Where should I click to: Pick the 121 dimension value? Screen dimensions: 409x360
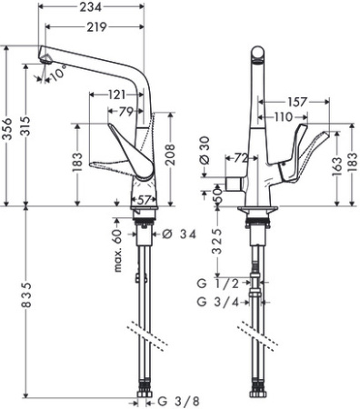116,95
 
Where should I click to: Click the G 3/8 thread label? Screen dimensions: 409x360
174,399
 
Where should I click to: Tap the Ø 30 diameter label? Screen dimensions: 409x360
205,151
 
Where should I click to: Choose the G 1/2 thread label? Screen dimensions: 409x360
215,283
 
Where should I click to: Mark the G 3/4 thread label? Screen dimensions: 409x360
215,302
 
